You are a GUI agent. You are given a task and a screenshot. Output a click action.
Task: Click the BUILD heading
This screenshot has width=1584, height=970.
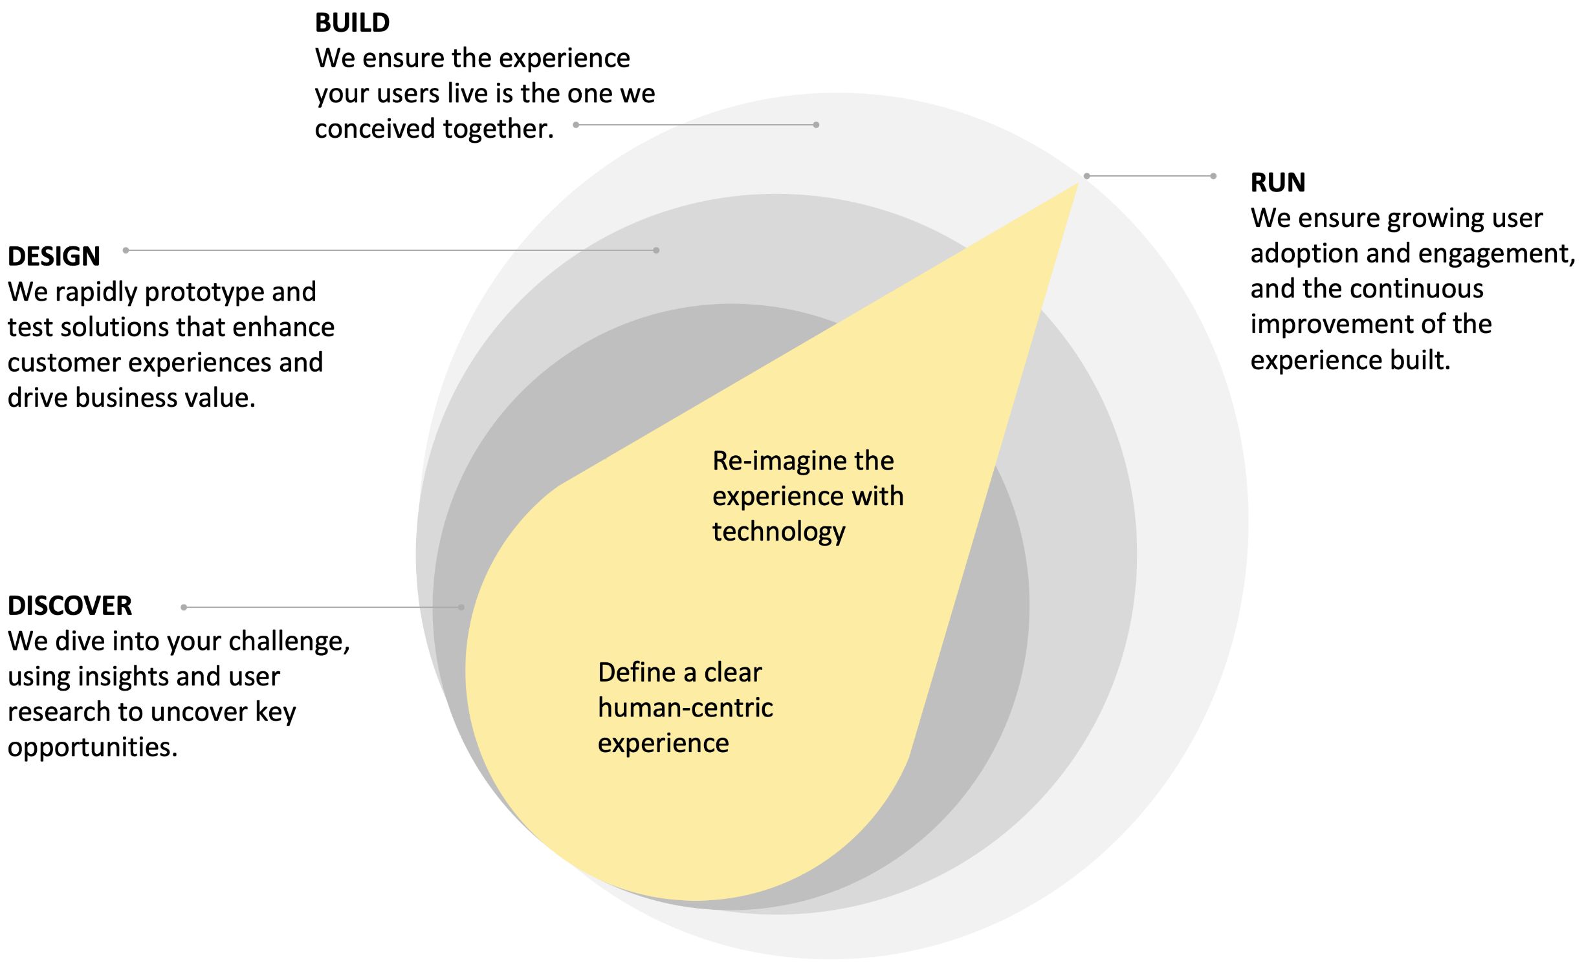tap(352, 23)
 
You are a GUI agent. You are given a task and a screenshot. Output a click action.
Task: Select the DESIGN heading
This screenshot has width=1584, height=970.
tap(54, 257)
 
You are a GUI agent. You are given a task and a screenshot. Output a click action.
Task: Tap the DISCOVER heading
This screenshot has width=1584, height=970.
tap(70, 606)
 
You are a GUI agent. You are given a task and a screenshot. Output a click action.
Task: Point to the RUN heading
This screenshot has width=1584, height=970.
tap(1277, 182)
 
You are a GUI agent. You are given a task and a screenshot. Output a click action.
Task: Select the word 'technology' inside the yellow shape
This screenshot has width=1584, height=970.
tap(778, 532)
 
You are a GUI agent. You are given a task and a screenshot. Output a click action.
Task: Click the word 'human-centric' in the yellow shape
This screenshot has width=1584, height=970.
tap(685, 708)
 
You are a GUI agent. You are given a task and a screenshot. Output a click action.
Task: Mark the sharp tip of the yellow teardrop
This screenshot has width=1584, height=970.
tap(1077, 184)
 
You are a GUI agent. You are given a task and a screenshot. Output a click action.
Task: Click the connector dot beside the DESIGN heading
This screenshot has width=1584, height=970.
tap(126, 250)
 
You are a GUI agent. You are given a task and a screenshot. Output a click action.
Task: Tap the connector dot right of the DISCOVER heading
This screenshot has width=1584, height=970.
tap(184, 607)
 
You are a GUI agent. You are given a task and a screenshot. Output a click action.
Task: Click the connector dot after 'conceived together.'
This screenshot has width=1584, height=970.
tap(576, 125)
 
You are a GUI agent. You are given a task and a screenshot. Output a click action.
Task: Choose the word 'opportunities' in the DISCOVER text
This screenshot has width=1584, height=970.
tap(92, 748)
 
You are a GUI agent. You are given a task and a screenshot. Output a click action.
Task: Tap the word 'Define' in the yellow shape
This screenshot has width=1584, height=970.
tap(637, 673)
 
